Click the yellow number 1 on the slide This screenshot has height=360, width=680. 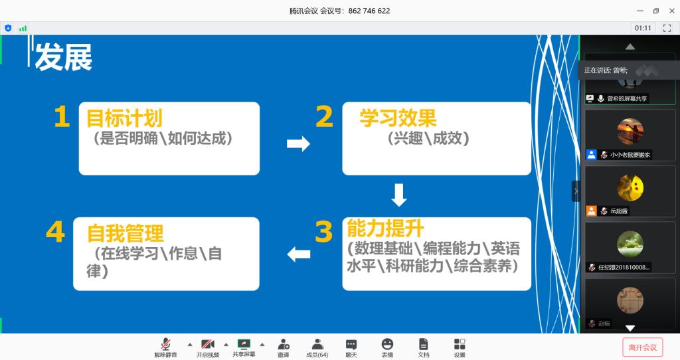[62, 118]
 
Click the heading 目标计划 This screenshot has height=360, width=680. [124, 118]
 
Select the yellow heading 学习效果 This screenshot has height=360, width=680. [398, 118]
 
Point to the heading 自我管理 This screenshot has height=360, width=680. [126, 233]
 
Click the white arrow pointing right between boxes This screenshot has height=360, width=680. [298, 143]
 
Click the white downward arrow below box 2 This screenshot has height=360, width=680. [398, 195]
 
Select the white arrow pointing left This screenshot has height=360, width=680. [298, 254]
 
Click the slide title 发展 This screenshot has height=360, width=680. [63, 57]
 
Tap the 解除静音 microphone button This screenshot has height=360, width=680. [165, 347]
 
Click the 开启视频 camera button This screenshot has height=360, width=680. [207, 347]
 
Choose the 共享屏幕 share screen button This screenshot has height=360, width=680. [244, 347]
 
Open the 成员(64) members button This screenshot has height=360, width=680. [317, 347]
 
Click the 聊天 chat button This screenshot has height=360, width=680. [351, 347]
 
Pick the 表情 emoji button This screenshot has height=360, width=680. [387, 347]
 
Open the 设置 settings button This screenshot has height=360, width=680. [460, 347]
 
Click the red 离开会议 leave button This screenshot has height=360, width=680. [642, 347]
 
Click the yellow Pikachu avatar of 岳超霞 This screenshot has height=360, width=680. [630, 188]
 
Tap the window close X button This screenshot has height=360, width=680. [671, 11]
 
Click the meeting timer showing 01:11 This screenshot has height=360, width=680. [643, 28]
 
